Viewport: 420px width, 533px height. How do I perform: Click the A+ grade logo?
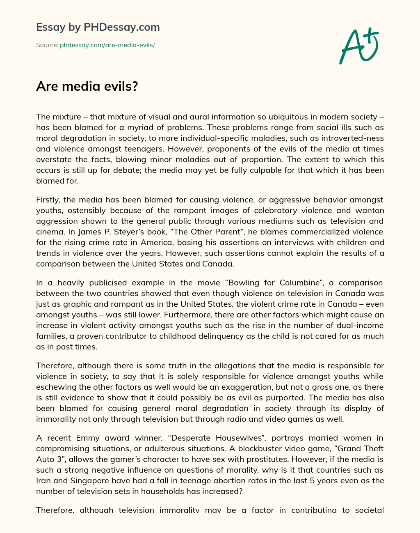coord(358,46)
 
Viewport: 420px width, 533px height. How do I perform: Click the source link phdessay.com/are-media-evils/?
coord(107,45)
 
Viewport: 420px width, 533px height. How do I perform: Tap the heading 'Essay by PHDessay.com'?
coord(98,28)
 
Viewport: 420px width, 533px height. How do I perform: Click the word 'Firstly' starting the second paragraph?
coord(48,200)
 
